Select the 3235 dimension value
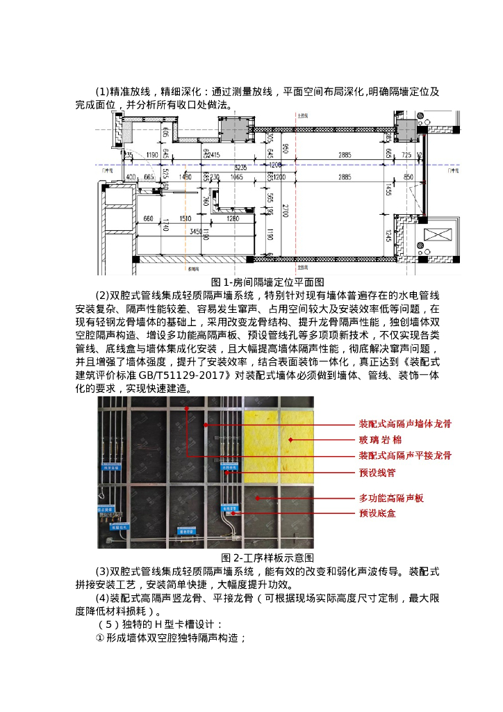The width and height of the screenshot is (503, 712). click(241, 168)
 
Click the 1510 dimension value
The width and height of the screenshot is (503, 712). click(185, 219)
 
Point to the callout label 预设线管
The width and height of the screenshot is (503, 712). click(377, 473)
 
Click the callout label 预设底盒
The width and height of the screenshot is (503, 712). click(377, 514)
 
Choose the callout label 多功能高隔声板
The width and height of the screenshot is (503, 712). click(391, 499)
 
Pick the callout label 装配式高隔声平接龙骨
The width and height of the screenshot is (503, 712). click(405, 456)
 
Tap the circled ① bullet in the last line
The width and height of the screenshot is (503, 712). click(100, 638)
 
